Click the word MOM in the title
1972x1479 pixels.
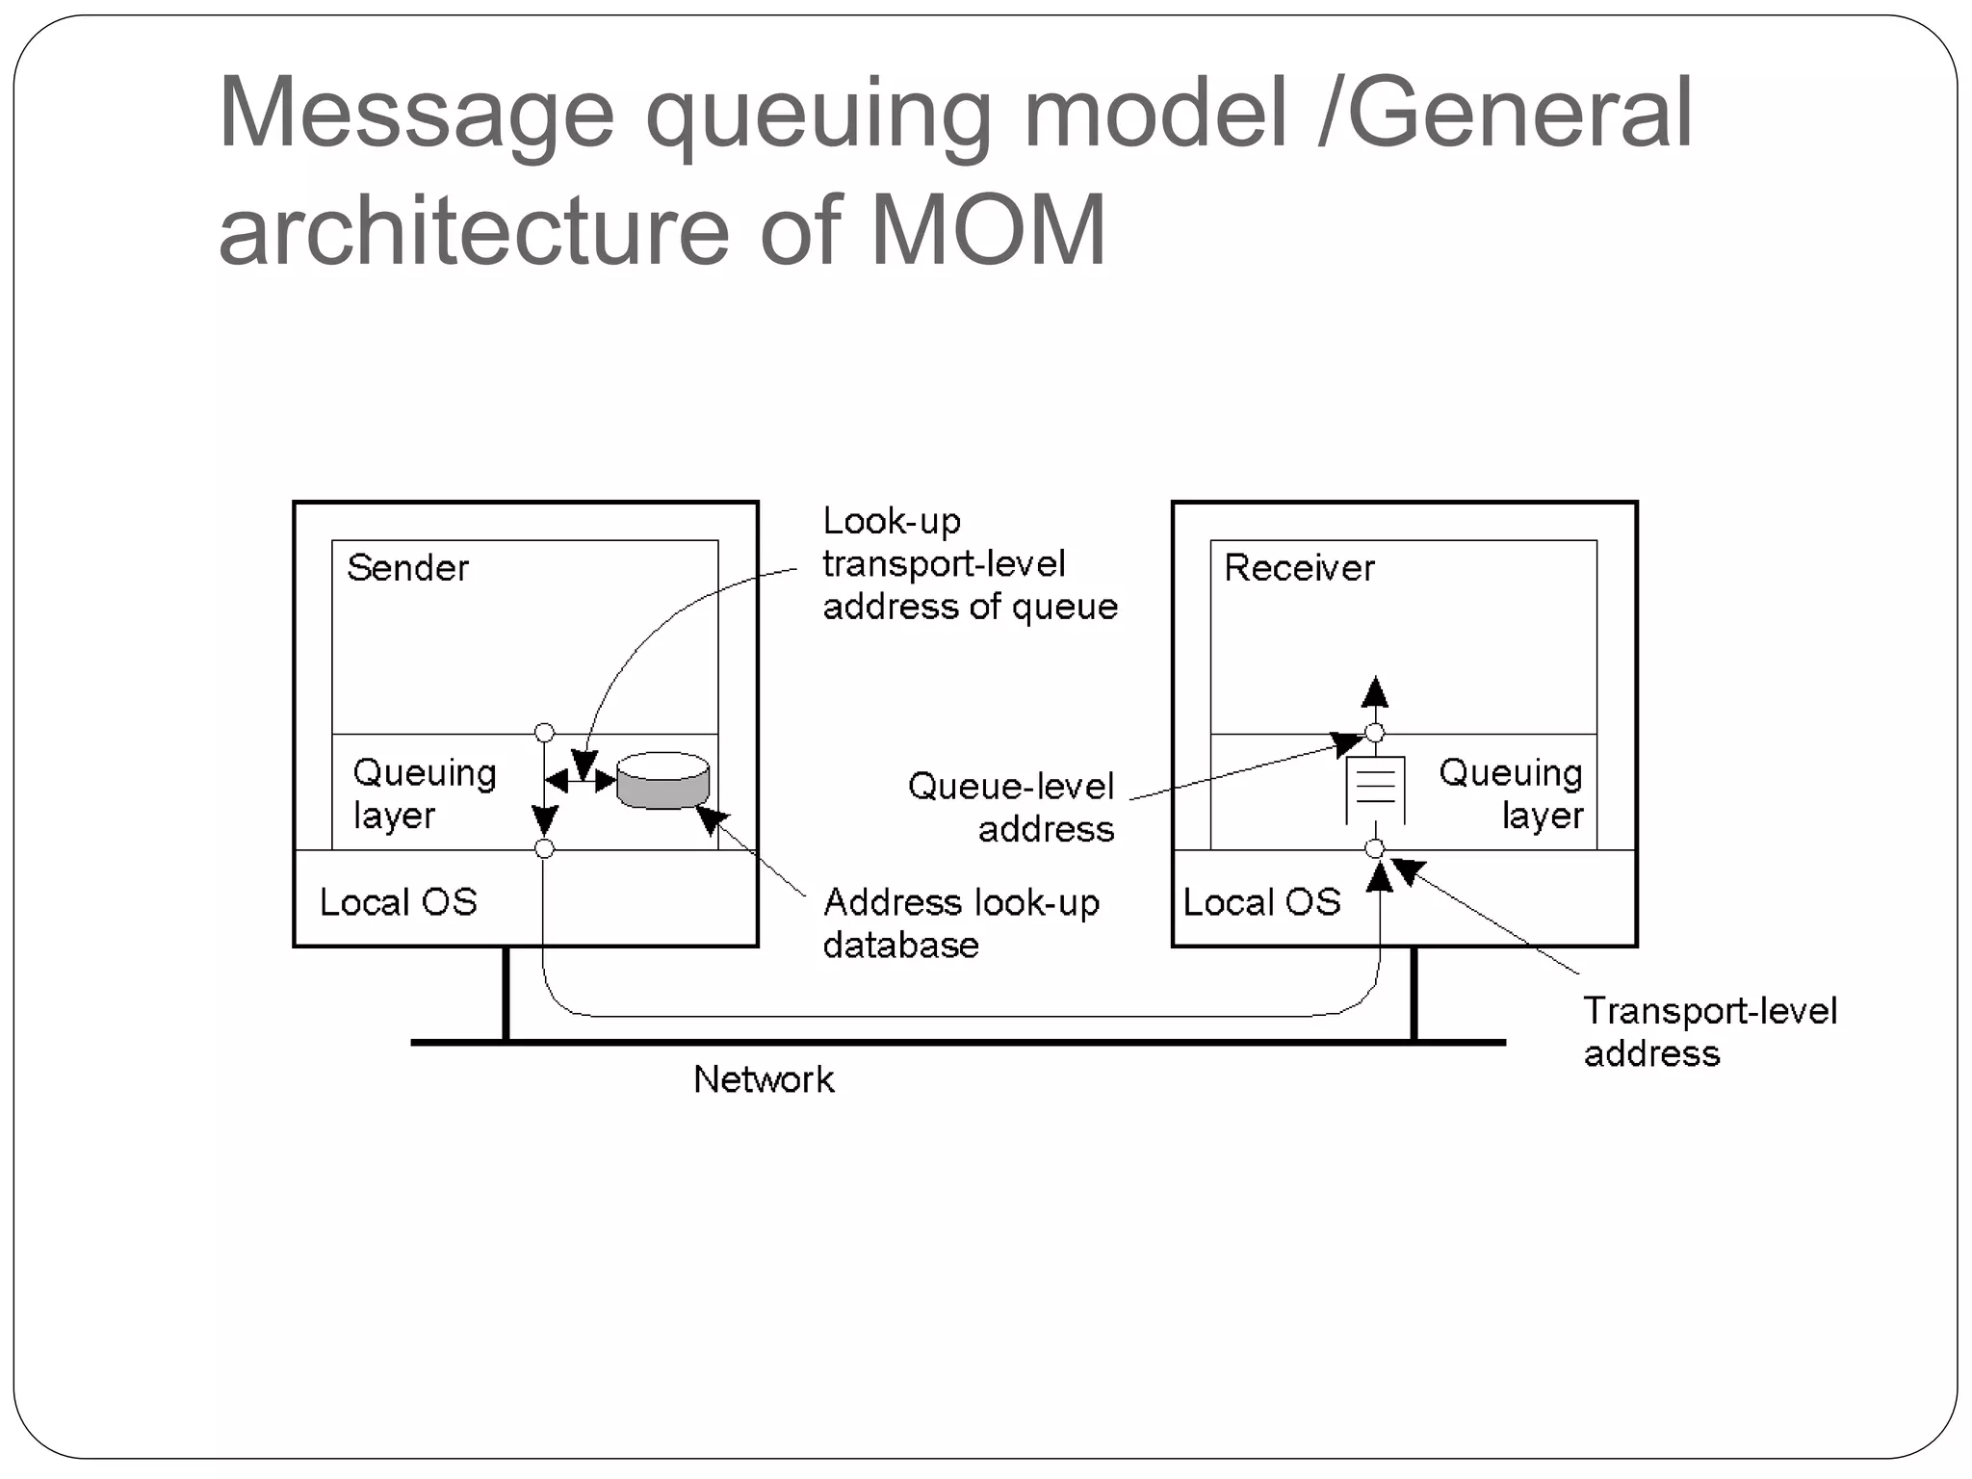[x=988, y=231]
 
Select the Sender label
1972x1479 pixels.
[x=407, y=568]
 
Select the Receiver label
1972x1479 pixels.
[x=1299, y=568]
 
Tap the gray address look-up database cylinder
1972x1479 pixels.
[x=662, y=781]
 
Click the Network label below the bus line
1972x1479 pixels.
[x=764, y=1079]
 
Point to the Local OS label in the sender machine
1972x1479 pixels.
[x=398, y=902]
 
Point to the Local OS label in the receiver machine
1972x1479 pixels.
[x=1261, y=902]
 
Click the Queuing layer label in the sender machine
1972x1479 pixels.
[x=424, y=793]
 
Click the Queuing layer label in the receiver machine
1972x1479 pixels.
[x=1511, y=793]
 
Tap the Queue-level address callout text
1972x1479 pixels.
[x=1012, y=807]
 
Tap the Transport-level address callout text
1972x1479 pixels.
[x=1709, y=1031]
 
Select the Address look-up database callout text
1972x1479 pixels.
[x=960, y=922]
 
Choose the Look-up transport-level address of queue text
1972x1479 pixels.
[x=969, y=564]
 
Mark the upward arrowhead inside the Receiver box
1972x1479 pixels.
[x=1375, y=691]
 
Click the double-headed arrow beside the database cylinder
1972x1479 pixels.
[x=580, y=781]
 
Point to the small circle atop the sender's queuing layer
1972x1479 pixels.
[x=544, y=733]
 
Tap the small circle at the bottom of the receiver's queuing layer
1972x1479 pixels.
[x=1375, y=848]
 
